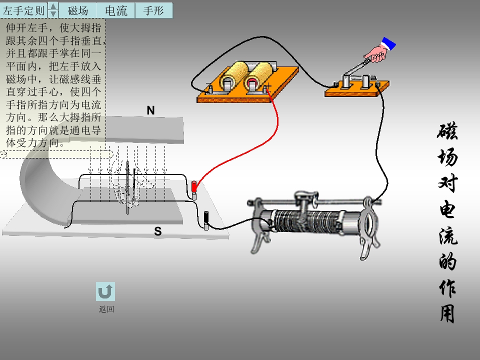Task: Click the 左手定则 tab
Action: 24,10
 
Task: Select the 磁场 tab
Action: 77,10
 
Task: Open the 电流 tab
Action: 116,10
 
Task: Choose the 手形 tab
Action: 153,10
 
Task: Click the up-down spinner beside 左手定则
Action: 53,10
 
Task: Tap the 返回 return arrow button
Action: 105,291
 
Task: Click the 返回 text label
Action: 106,309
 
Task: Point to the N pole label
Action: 150,110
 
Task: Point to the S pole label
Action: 157,231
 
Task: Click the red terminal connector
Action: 194,187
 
